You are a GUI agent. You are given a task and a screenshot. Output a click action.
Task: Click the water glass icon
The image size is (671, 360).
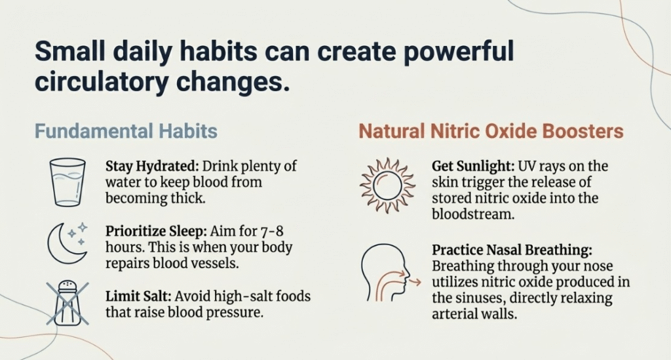point(67,182)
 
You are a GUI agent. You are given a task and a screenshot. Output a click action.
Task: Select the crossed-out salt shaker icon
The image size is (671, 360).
point(67,303)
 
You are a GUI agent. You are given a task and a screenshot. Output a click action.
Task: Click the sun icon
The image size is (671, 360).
point(387,186)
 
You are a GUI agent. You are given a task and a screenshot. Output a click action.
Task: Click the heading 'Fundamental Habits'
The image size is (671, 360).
point(126,131)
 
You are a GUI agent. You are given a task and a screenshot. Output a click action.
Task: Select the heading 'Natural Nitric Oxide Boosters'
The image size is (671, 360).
point(491,131)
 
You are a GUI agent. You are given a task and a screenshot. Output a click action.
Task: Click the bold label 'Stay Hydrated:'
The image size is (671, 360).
point(152,166)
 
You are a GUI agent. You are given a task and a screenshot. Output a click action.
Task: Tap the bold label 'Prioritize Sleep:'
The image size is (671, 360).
point(156,231)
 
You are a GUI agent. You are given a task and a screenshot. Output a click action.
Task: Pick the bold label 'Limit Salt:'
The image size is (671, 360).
point(139,296)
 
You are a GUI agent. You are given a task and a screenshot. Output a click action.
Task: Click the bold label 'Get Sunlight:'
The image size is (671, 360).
point(473,166)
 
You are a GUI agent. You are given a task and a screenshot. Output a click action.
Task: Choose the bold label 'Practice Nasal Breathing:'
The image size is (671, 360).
point(512,250)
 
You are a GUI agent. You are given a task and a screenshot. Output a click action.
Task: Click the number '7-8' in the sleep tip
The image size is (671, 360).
point(272,231)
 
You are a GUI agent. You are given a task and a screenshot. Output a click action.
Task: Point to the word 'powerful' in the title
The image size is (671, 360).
point(458,52)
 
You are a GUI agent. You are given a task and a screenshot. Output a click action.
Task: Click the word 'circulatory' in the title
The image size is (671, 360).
point(102,82)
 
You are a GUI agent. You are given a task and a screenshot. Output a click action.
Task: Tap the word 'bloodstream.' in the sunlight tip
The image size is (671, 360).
point(473,214)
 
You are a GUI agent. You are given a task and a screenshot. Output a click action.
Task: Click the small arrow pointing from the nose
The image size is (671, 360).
point(415,282)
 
